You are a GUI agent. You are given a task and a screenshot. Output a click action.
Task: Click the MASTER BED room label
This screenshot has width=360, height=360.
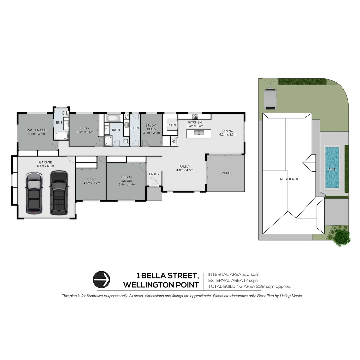coord(36,130)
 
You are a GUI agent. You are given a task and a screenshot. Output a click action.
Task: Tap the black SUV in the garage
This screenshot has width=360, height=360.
coord(58,192)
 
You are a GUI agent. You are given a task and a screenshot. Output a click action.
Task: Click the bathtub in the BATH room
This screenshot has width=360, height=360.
coord(114,118)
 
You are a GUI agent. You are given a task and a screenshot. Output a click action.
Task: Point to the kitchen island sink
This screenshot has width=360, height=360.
coord(199,133)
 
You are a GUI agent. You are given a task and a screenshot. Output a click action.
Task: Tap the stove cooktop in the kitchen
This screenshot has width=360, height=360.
coord(195,117)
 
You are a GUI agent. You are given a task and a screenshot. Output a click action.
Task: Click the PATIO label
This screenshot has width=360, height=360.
coord(226,173)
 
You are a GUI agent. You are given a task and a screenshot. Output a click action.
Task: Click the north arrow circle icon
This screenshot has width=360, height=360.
coord(101,279)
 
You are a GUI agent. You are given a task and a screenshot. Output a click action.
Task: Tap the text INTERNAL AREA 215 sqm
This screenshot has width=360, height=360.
coord(233,274)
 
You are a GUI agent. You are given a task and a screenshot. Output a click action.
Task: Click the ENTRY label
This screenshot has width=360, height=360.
coord(154,174)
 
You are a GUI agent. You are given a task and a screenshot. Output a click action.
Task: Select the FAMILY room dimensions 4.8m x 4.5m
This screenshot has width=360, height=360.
coord(185,170)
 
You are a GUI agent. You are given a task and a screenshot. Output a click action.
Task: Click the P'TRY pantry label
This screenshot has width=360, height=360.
coord(172,125)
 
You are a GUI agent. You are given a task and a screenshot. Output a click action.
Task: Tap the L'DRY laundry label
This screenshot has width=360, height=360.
coord(135,128)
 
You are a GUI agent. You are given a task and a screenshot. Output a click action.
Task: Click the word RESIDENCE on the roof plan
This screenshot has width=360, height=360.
coord(289,179)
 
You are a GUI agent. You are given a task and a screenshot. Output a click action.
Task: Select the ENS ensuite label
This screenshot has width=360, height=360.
coord(59,123)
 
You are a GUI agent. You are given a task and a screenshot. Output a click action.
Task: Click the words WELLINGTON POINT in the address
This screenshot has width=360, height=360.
coord(161,285)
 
